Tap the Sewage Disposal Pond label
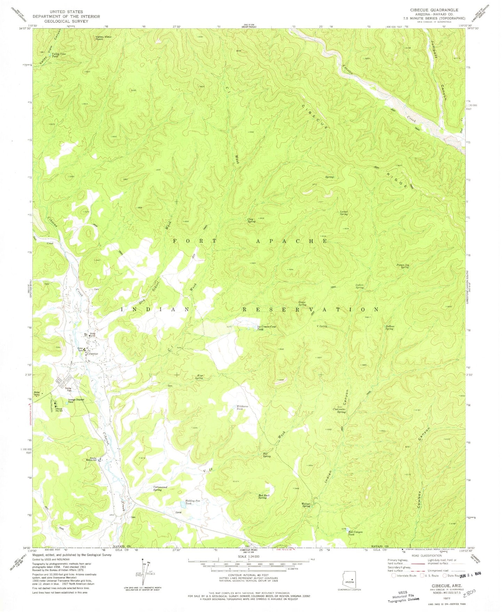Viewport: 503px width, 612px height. (76, 401)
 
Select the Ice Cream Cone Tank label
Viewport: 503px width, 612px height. (266, 328)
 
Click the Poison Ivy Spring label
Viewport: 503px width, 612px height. (402, 266)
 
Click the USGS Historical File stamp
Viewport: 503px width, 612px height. (403, 595)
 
